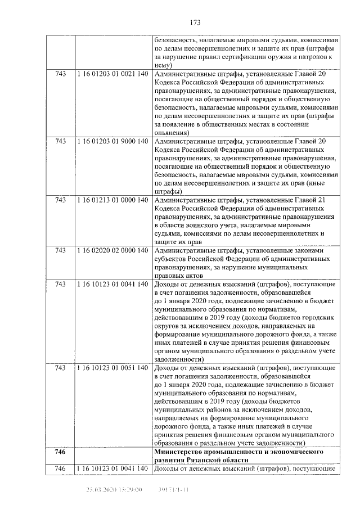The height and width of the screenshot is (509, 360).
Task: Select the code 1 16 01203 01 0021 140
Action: [x=112, y=74]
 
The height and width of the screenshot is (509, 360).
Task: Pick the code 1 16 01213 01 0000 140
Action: [x=112, y=199]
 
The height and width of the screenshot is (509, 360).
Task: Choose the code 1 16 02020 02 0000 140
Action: [x=112, y=250]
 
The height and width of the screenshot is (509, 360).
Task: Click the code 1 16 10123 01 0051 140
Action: [x=112, y=368]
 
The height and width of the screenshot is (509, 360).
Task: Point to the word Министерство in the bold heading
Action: [x=182, y=452]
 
